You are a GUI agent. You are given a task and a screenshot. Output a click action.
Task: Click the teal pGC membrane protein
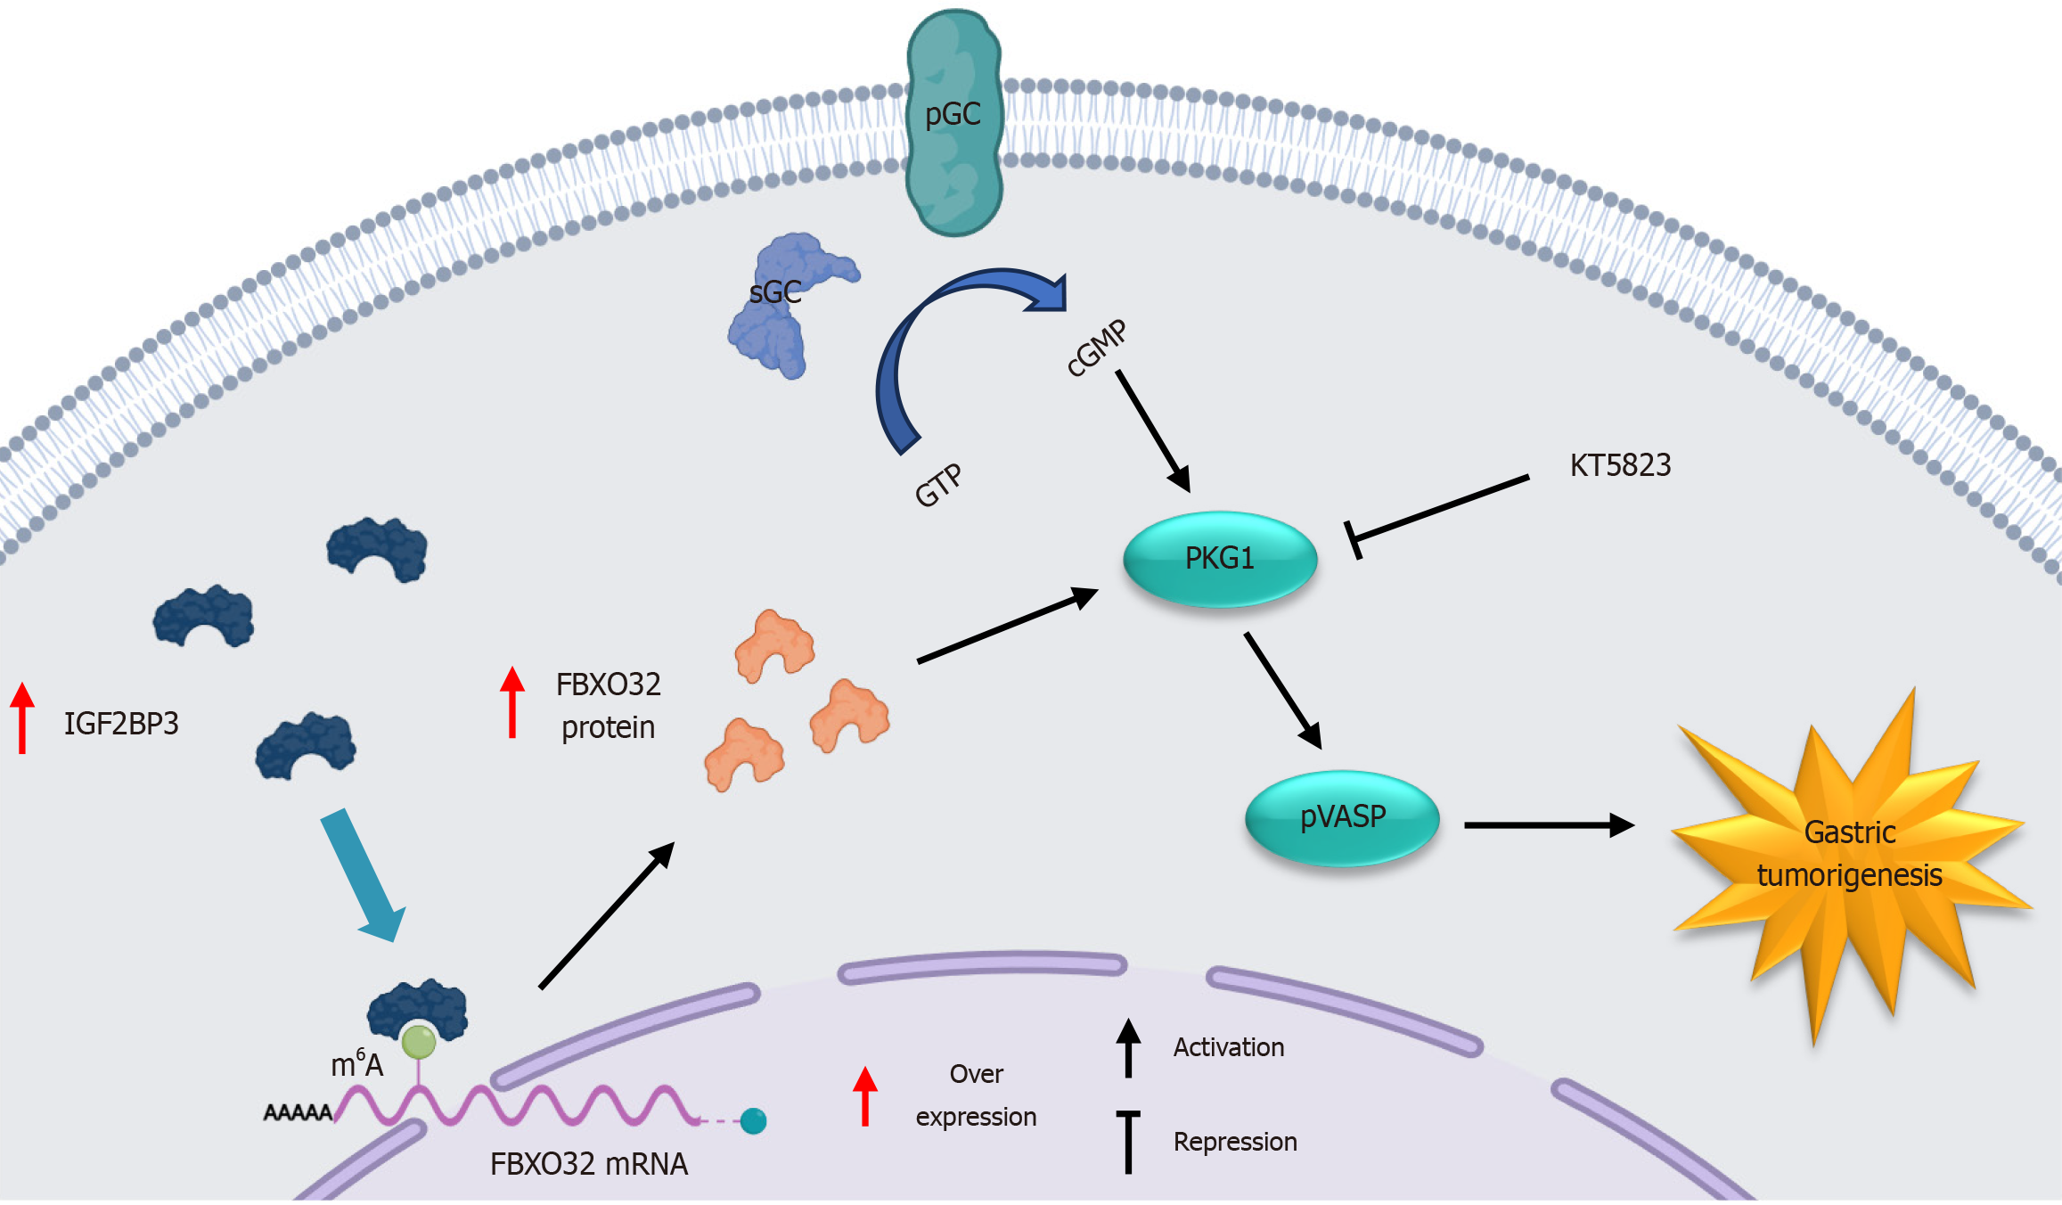point(954,125)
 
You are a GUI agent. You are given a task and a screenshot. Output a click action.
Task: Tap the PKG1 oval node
point(1220,559)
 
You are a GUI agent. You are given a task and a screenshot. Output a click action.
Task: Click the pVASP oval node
point(1342,816)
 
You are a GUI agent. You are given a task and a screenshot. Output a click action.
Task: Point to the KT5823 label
point(1620,465)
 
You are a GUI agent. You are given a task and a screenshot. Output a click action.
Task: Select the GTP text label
point(938,486)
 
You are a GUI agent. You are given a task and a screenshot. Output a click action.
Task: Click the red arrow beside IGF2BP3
point(22,717)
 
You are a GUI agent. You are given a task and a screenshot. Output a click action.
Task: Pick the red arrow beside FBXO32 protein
point(512,702)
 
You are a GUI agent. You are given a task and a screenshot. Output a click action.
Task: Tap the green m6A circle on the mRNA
point(419,1041)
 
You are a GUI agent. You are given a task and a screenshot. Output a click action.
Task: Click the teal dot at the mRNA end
point(754,1120)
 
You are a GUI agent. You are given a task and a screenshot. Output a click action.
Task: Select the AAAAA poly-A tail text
point(298,1112)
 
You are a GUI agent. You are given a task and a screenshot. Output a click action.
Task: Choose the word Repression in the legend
point(1234,1142)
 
